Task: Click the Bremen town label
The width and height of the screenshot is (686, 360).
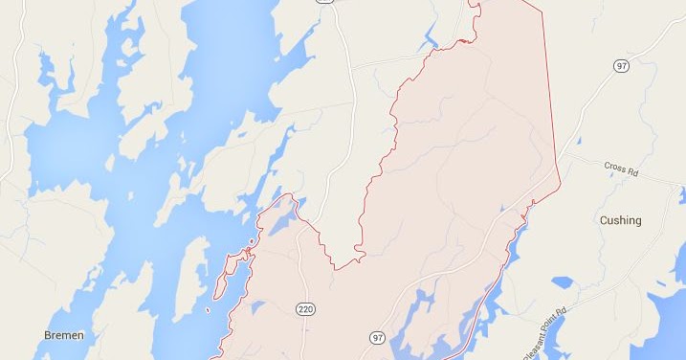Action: pyautogui.click(x=64, y=335)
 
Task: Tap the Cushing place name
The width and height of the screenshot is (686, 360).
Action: pyautogui.click(x=620, y=220)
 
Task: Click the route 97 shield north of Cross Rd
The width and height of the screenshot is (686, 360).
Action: pyautogui.click(x=620, y=64)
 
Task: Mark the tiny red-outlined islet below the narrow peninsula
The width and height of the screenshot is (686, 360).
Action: pyautogui.click(x=209, y=309)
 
